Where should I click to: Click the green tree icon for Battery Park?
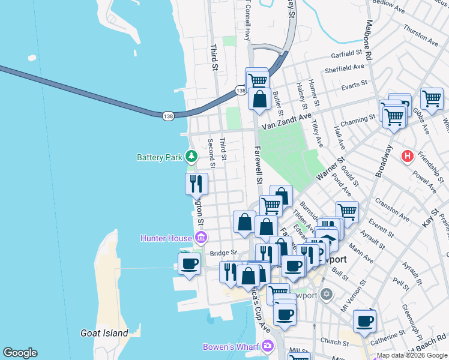click(x=191, y=157)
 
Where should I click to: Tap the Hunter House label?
click(x=166, y=238)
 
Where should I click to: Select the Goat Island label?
click(x=104, y=333)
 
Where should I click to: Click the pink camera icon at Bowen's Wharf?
click(x=267, y=346)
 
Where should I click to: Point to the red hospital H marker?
click(x=408, y=157)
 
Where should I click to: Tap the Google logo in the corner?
click(x=20, y=353)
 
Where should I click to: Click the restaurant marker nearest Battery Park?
click(x=196, y=184)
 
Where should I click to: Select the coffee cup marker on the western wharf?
click(x=190, y=263)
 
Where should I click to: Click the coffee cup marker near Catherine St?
click(x=364, y=320)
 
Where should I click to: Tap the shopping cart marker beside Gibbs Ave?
click(x=432, y=98)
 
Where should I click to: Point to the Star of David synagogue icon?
click(x=326, y=294)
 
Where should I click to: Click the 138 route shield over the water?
click(x=167, y=115)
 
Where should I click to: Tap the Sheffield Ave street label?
click(x=345, y=69)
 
